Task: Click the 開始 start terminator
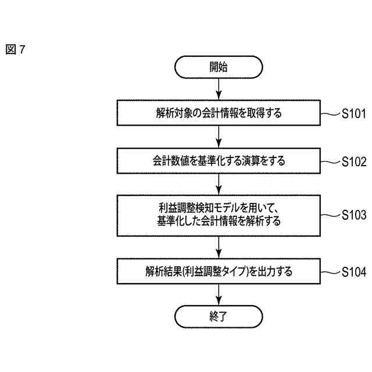point(219,67)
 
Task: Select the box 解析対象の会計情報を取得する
point(219,113)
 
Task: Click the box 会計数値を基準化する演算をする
point(219,161)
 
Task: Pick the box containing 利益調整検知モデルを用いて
point(219,214)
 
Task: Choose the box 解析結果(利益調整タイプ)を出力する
point(219,271)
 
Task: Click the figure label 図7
point(16,50)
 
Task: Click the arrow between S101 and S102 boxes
point(219,137)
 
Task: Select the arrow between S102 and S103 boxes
point(219,185)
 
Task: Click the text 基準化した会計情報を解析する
point(219,221)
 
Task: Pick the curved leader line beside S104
point(330,271)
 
